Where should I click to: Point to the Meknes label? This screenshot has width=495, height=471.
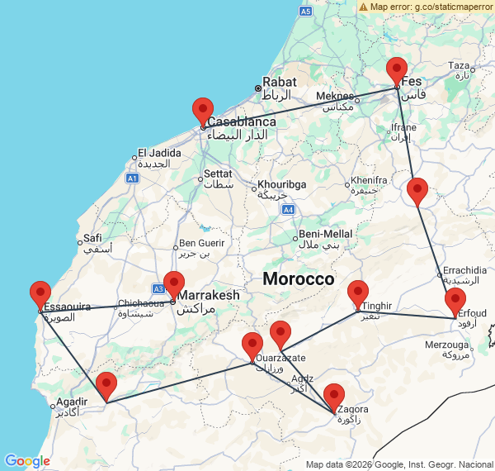pos(335,97)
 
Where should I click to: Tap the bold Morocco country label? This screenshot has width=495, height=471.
pos(298,279)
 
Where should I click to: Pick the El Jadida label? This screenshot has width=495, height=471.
pos(153,152)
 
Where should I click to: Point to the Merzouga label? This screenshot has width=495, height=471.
pos(446,344)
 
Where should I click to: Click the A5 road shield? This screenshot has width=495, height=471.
pos(305,12)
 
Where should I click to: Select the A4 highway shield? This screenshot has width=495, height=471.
pos(288,210)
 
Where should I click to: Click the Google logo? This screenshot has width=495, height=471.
pos(27,460)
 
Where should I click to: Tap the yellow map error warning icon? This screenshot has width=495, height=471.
pos(363,7)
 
